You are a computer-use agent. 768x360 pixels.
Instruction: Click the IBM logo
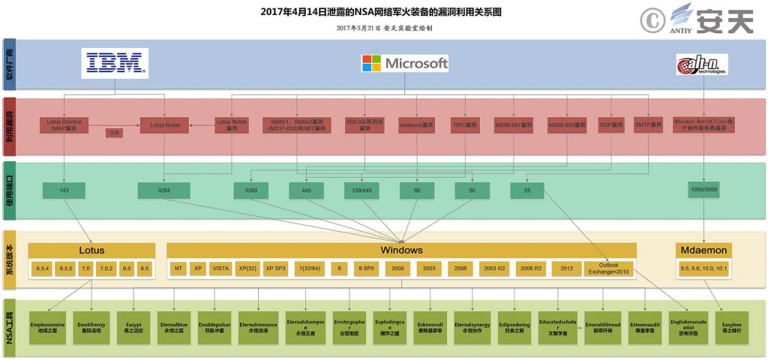(x=115, y=63)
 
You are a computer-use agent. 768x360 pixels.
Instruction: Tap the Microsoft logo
(x=405, y=63)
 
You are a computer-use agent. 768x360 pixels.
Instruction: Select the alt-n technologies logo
(x=702, y=65)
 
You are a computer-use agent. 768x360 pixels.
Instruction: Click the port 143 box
(x=64, y=190)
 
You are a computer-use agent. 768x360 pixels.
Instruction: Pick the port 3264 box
(x=163, y=190)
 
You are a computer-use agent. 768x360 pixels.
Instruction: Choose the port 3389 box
(x=250, y=190)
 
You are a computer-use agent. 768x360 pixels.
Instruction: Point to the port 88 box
(x=418, y=190)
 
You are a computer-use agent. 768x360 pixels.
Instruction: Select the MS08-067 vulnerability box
(x=514, y=124)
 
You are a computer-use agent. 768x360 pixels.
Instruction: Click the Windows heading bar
(x=401, y=250)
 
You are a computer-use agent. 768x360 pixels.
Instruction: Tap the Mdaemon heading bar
(x=704, y=250)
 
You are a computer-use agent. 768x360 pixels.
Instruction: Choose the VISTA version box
(x=220, y=268)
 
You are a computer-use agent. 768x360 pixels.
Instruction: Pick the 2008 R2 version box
(x=531, y=268)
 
